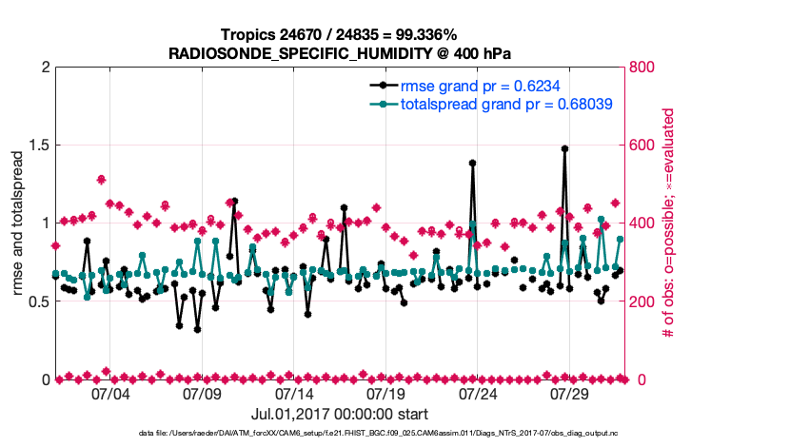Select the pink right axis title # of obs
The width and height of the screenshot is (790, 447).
668,223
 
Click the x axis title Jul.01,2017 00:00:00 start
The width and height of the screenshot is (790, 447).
339,414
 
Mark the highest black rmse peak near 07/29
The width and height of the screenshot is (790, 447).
564,149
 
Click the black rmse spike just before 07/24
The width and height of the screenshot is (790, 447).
473,163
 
